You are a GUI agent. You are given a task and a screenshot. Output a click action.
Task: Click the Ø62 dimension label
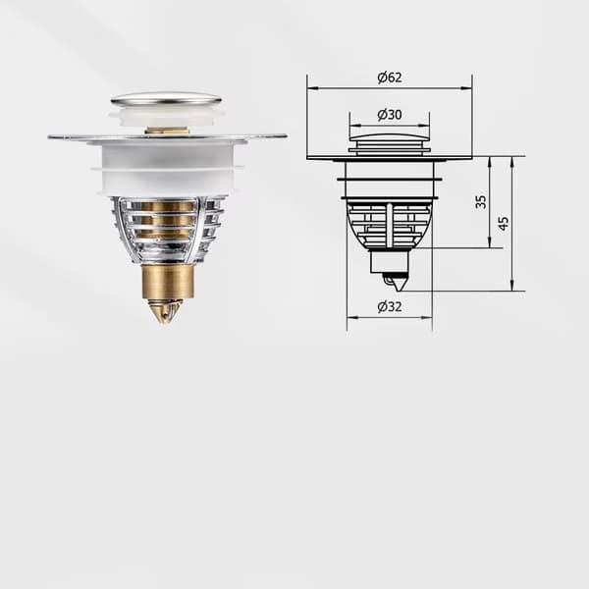click(390, 78)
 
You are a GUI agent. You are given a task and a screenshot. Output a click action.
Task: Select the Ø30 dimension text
click(390, 115)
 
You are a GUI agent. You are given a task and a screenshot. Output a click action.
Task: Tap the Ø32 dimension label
click(390, 307)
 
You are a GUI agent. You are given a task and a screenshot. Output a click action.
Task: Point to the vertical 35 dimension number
click(481, 201)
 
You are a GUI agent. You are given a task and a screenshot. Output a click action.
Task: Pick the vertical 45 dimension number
click(504, 223)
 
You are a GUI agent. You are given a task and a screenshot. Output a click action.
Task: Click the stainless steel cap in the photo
click(166, 100)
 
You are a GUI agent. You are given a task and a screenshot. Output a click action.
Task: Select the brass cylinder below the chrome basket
click(168, 281)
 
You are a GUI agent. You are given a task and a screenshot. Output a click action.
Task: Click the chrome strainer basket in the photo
click(168, 230)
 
